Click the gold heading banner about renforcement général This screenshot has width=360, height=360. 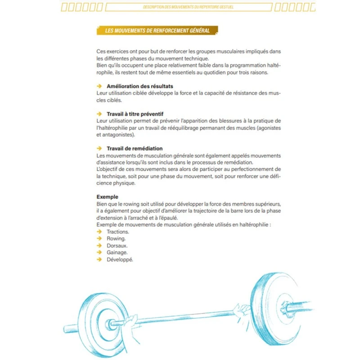pyautogui.click(x=157, y=31)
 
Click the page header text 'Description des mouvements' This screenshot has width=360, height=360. pyautogui.click(x=189, y=7)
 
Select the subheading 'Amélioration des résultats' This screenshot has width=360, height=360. pyautogui.click(x=140, y=86)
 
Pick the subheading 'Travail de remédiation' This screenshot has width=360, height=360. pyautogui.click(x=135, y=148)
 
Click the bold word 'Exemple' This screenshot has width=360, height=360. pyautogui.click(x=108, y=197)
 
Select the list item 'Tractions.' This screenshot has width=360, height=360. pyautogui.click(x=118, y=232)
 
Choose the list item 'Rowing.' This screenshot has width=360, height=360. pyautogui.click(x=116, y=238)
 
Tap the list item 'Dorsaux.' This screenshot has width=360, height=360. pyautogui.click(x=117, y=246)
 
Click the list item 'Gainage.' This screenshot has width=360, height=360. pyautogui.click(x=117, y=252)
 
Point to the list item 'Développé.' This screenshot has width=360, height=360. pyautogui.click(x=120, y=260)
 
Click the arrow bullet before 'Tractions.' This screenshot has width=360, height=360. pyautogui.click(x=99, y=232)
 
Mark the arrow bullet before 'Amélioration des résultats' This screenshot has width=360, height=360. pyautogui.click(x=99, y=86)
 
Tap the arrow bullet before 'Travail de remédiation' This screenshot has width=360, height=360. pyautogui.click(x=99, y=148)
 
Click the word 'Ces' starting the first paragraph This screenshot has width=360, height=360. pyautogui.click(x=101, y=52)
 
